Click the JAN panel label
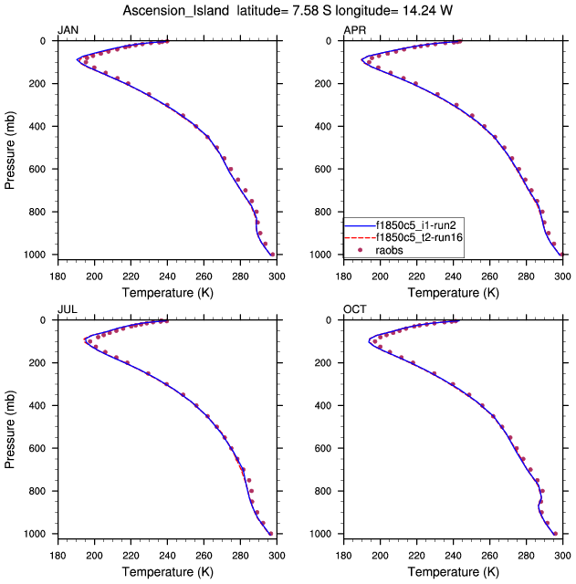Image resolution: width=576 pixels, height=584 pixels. [68, 30]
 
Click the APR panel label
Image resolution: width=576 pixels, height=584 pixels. [354, 30]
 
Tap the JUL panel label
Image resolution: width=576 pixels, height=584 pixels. [67, 309]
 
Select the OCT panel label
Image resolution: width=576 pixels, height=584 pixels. [355, 309]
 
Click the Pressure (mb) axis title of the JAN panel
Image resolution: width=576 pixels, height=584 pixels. [10, 148]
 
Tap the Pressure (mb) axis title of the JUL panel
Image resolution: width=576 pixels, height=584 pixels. [10, 427]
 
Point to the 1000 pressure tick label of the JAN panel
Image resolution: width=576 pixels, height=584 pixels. [38, 255]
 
